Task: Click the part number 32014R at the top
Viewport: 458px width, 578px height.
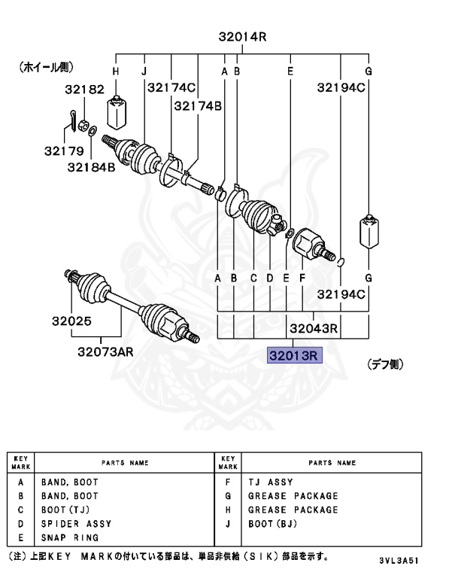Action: [x=243, y=36]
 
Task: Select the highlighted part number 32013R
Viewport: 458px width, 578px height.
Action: [x=295, y=354]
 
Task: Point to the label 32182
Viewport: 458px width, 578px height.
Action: [x=83, y=90]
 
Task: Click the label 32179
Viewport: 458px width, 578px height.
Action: [x=63, y=151]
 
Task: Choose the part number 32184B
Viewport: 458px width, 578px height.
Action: [x=91, y=167]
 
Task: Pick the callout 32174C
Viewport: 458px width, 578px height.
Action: [x=171, y=88]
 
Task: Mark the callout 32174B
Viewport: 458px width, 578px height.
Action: [x=198, y=106]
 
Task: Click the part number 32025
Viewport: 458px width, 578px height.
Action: [x=71, y=321]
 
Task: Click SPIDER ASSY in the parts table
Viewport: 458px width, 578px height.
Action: [x=76, y=524]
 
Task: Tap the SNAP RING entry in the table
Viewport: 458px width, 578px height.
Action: [x=70, y=538]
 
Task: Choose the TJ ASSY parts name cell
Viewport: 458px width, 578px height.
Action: [x=271, y=482]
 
